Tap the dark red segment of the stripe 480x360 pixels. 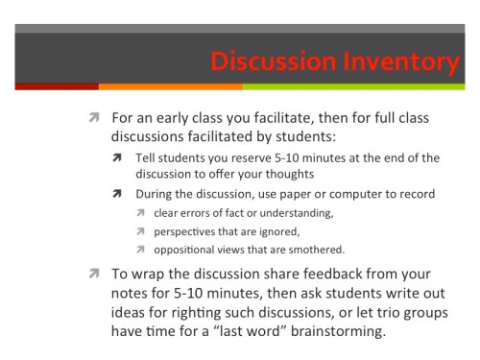click(x=48, y=86)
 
